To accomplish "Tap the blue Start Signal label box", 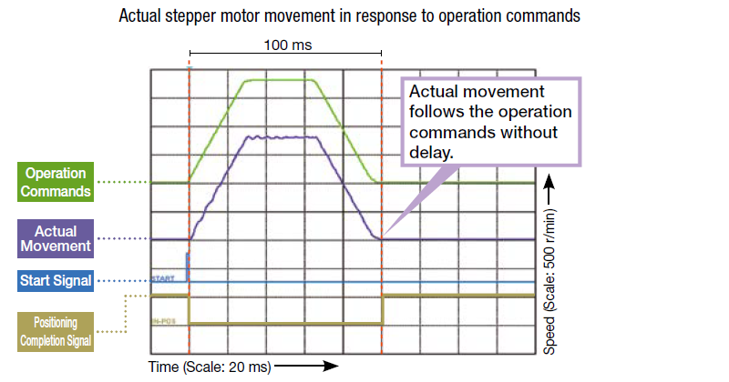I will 56,281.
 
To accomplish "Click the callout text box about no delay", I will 490,122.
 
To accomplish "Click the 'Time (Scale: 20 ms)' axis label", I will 209,367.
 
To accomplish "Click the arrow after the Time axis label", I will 304,367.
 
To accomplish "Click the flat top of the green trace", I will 278,80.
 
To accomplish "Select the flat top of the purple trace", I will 282,137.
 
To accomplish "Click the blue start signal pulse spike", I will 188,266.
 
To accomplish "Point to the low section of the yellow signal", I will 285,323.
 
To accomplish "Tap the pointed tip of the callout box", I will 385,237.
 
